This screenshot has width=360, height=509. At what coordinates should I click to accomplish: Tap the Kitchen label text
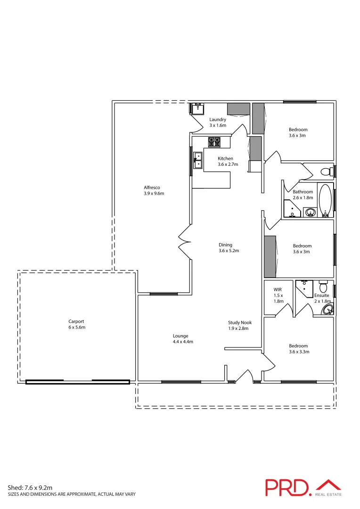pos(225,158)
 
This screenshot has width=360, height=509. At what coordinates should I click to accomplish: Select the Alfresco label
pos(152,187)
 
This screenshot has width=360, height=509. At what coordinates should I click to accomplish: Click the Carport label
pos(76,321)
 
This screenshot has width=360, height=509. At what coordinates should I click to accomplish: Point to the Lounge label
pos(180,336)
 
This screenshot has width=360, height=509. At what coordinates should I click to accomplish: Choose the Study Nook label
pos(240,322)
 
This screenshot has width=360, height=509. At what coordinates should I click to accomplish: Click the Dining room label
pos(225,245)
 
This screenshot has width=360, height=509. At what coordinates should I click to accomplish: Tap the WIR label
pos(278,289)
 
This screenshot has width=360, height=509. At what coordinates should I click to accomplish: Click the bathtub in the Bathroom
pos(325,200)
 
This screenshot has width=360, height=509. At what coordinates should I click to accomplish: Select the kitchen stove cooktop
pos(214,142)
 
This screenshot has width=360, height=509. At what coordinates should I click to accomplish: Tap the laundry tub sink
pos(196,108)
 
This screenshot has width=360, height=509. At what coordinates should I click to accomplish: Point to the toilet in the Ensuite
pos(323,287)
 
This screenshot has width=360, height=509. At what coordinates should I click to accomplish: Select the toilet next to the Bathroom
pos(326,171)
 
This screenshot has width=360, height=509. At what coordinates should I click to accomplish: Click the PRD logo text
pos(286,487)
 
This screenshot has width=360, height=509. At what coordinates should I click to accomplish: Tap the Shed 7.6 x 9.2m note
pos(30,488)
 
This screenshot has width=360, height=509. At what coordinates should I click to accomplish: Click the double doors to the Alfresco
pos(184,242)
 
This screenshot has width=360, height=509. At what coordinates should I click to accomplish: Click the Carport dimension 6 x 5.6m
pos(77,327)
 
